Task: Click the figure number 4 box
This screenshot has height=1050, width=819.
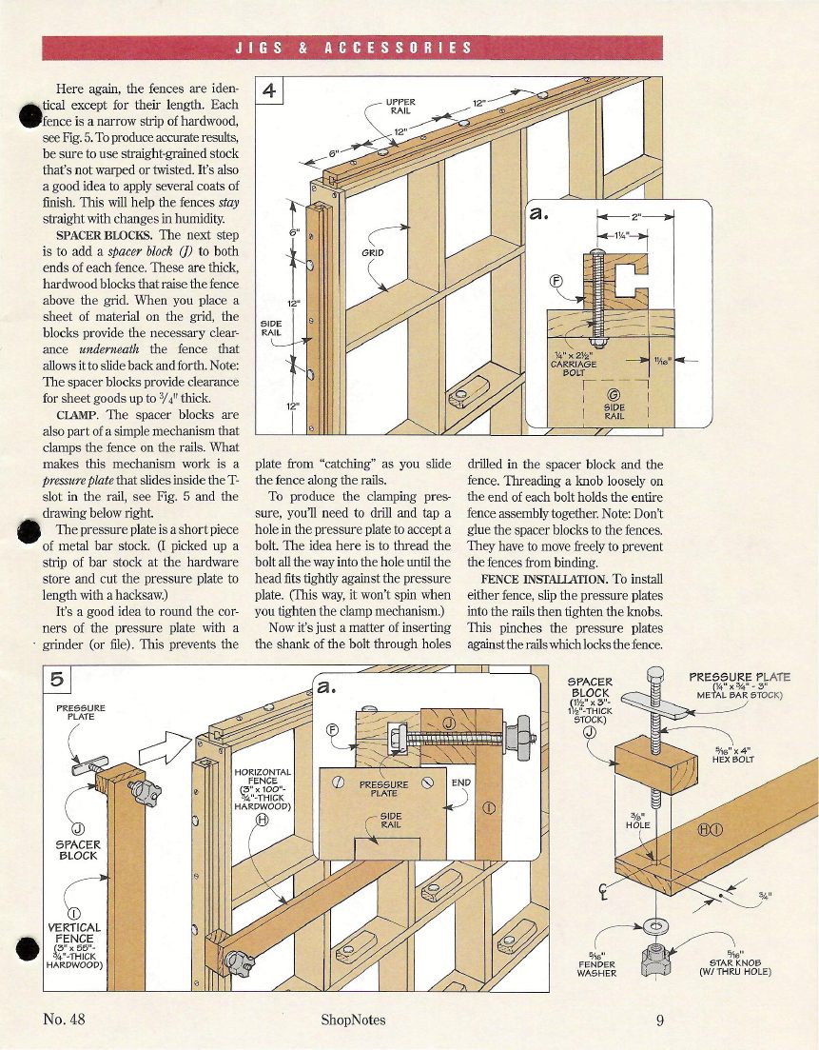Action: tap(270, 91)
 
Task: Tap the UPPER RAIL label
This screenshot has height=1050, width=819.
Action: tap(401, 105)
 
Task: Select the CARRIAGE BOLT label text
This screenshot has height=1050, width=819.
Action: tap(575, 365)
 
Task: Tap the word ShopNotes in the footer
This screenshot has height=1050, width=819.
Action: tap(354, 1020)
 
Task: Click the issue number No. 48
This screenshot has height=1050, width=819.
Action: tap(65, 1020)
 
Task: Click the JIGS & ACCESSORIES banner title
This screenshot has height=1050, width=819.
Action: tap(352, 48)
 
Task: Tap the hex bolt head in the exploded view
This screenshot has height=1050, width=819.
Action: tap(653, 677)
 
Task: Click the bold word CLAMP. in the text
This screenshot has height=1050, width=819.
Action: tap(80, 415)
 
